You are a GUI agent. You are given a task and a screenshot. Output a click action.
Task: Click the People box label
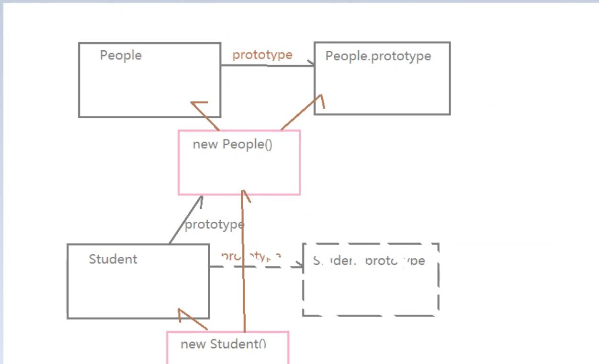click(121, 55)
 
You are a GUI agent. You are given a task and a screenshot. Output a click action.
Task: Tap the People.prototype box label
click(378, 56)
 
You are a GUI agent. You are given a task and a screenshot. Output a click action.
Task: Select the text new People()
click(232, 144)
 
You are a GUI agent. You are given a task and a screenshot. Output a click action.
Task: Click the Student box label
click(113, 259)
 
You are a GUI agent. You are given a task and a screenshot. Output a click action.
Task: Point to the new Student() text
click(223, 344)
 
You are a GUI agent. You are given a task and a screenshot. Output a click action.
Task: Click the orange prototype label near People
click(262, 55)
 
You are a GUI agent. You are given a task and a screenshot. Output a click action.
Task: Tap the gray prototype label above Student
click(214, 224)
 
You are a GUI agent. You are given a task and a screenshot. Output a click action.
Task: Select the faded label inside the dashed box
click(369, 261)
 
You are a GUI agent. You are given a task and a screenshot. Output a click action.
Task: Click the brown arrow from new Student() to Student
click(192, 320)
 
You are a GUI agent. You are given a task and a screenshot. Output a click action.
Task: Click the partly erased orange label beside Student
click(251, 256)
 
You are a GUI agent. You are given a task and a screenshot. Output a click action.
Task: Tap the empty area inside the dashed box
click(371, 292)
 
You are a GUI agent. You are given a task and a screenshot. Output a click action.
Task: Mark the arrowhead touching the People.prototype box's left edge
click(311, 64)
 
